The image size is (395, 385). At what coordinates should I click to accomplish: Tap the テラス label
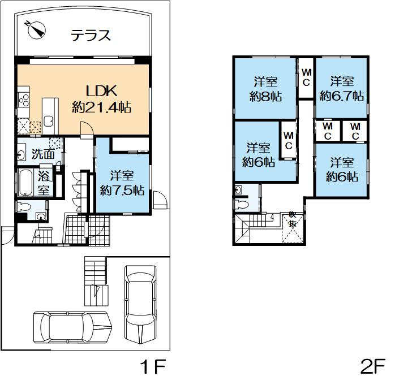pos(91,36)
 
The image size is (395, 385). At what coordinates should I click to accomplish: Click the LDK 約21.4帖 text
pos(101,98)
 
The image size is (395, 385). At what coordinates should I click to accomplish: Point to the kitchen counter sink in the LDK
pos(49,120)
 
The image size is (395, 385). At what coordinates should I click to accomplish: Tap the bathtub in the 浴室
pos(26,183)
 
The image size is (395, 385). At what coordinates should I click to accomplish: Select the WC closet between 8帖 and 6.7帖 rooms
pos(306,77)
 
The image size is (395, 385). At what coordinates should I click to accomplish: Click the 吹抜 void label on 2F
pos(292,219)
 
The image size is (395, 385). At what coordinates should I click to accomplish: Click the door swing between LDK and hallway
pos(85,132)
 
